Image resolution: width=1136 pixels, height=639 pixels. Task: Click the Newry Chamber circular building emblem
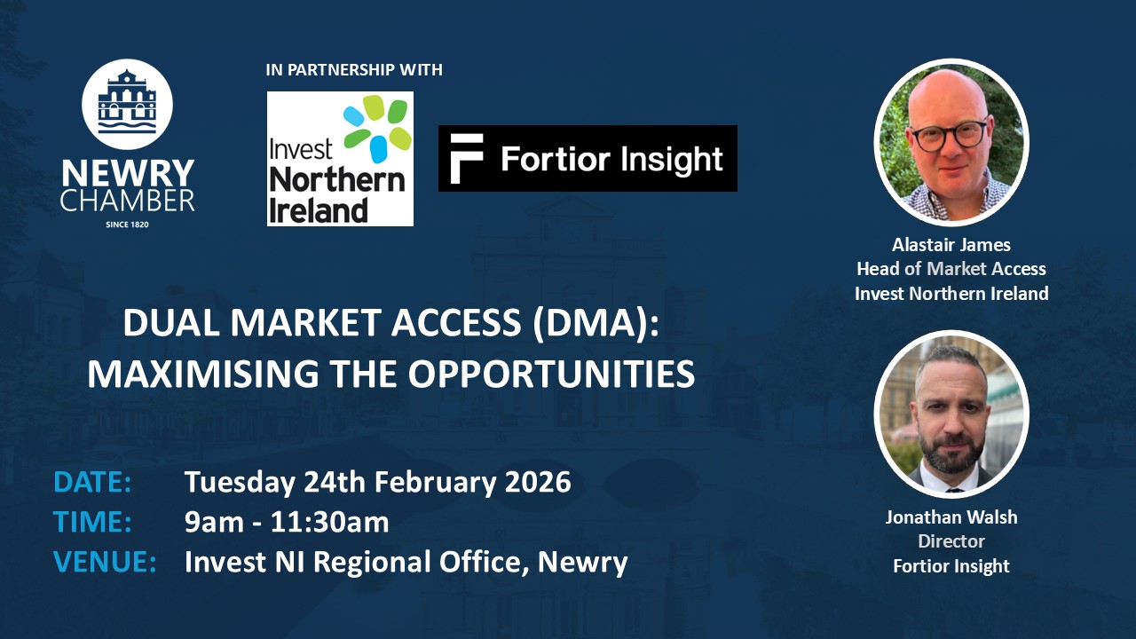[127, 104]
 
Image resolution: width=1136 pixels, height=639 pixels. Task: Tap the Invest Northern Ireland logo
[340, 159]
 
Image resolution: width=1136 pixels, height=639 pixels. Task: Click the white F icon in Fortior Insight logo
[466, 159]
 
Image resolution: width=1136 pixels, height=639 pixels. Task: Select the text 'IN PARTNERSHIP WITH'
[354, 69]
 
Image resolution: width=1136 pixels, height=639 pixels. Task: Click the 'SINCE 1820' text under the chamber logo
[127, 225]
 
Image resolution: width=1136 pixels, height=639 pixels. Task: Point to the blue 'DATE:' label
[92, 482]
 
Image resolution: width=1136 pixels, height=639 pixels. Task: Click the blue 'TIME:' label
[92, 522]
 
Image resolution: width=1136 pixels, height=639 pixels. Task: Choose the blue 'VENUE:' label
[105, 562]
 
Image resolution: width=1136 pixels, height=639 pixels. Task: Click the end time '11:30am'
[329, 523]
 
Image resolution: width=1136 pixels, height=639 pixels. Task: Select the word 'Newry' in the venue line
[583, 563]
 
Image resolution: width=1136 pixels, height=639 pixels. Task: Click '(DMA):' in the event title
[596, 323]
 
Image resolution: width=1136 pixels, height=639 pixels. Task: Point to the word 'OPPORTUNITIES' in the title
[551, 375]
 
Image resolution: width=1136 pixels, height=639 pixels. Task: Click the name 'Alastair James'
[951, 245]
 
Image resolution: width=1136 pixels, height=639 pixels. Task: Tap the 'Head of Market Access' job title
[951, 269]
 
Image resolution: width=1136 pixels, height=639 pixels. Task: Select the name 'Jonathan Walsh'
[951, 517]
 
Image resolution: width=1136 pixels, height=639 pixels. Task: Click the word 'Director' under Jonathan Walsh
[951, 541]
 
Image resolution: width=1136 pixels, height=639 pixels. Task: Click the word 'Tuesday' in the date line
[240, 483]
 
